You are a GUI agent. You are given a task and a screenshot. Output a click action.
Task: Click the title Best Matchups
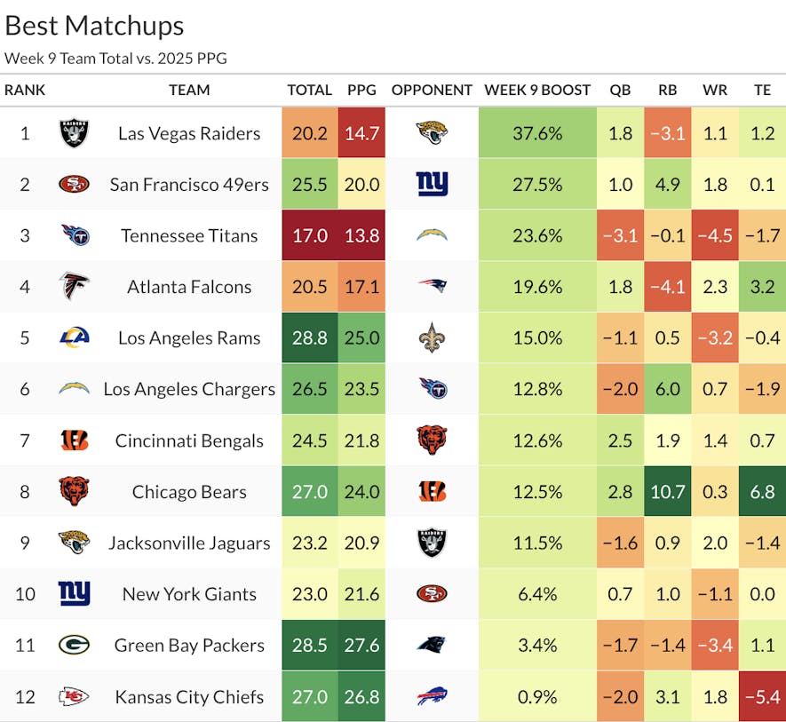pyautogui.click(x=95, y=26)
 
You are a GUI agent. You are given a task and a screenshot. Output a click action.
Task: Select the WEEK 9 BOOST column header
pyautogui.click(x=537, y=90)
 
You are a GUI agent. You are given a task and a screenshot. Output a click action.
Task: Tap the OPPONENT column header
pyautogui.click(x=432, y=90)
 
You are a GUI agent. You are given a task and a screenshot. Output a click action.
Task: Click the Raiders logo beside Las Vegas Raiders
pyautogui.click(x=74, y=133)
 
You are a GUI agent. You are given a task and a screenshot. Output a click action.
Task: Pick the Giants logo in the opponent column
pyautogui.click(x=432, y=185)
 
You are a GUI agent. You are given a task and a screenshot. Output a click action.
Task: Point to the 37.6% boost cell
pyautogui.click(x=537, y=133)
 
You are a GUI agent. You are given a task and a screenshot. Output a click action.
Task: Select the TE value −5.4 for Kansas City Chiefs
pyautogui.click(x=762, y=697)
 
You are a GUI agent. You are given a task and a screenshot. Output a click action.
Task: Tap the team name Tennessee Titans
pyautogui.click(x=189, y=236)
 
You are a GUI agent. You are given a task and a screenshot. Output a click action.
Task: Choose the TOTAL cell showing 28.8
pyautogui.click(x=308, y=338)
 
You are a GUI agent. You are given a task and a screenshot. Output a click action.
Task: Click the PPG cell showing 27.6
pyautogui.click(x=362, y=646)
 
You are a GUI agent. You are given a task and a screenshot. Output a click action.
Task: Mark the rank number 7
pyautogui.click(x=25, y=440)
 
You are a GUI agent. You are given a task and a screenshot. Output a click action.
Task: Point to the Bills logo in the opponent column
pyautogui.click(x=432, y=697)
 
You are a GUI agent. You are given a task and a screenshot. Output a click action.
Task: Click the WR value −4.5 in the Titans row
pyautogui.click(x=714, y=236)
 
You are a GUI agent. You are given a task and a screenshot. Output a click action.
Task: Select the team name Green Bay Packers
pyautogui.click(x=189, y=646)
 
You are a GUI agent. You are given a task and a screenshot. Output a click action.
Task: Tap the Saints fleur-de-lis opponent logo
pyautogui.click(x=432, y=338)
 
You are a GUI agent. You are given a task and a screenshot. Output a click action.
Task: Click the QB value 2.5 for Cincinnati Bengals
pyautogui.click(x=621, y=440)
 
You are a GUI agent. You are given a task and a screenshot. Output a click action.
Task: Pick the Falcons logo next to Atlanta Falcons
pyautogui.click(x=74, y=287)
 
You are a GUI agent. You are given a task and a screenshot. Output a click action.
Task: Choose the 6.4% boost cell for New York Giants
pyautogui.click(x=537, y=594)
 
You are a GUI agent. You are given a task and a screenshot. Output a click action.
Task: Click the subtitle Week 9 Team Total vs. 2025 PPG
pyautogui.click(x=115, y=59)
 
